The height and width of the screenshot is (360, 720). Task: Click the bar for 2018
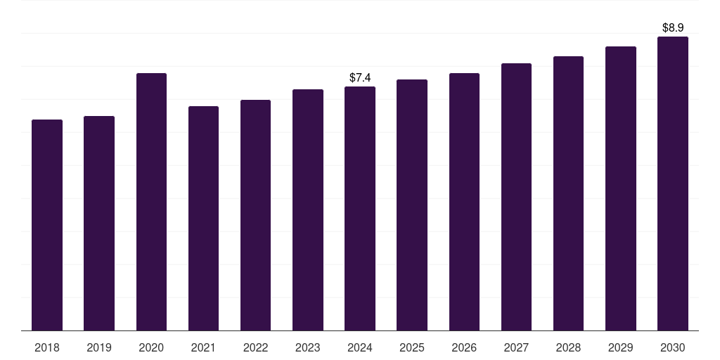pos(47,225)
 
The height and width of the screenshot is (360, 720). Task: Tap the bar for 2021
pos(203,218)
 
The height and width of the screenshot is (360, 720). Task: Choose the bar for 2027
pos(516,197)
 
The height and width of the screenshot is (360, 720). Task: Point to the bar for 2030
pos(673,184)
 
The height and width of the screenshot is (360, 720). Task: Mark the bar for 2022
pos(255,215)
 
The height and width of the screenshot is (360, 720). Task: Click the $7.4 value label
pos(360,77)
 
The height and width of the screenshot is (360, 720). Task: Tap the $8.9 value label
pos(673,28)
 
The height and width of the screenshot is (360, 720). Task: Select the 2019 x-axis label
pos(99,347)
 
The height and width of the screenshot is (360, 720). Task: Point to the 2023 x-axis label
pos(308,347)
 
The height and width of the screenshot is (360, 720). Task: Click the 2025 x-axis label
pos(412,347)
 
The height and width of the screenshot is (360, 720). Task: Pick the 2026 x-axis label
pos(464,347)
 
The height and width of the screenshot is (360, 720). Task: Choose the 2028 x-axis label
pos(568,347)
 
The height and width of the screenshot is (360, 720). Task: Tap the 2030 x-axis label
pos(673,347)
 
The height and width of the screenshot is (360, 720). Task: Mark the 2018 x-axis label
pos(47,347)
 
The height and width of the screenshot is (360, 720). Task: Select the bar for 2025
pos(412,205)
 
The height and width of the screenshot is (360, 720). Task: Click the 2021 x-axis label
pos(203,347)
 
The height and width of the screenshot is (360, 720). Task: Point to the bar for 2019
pos(99,223)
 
